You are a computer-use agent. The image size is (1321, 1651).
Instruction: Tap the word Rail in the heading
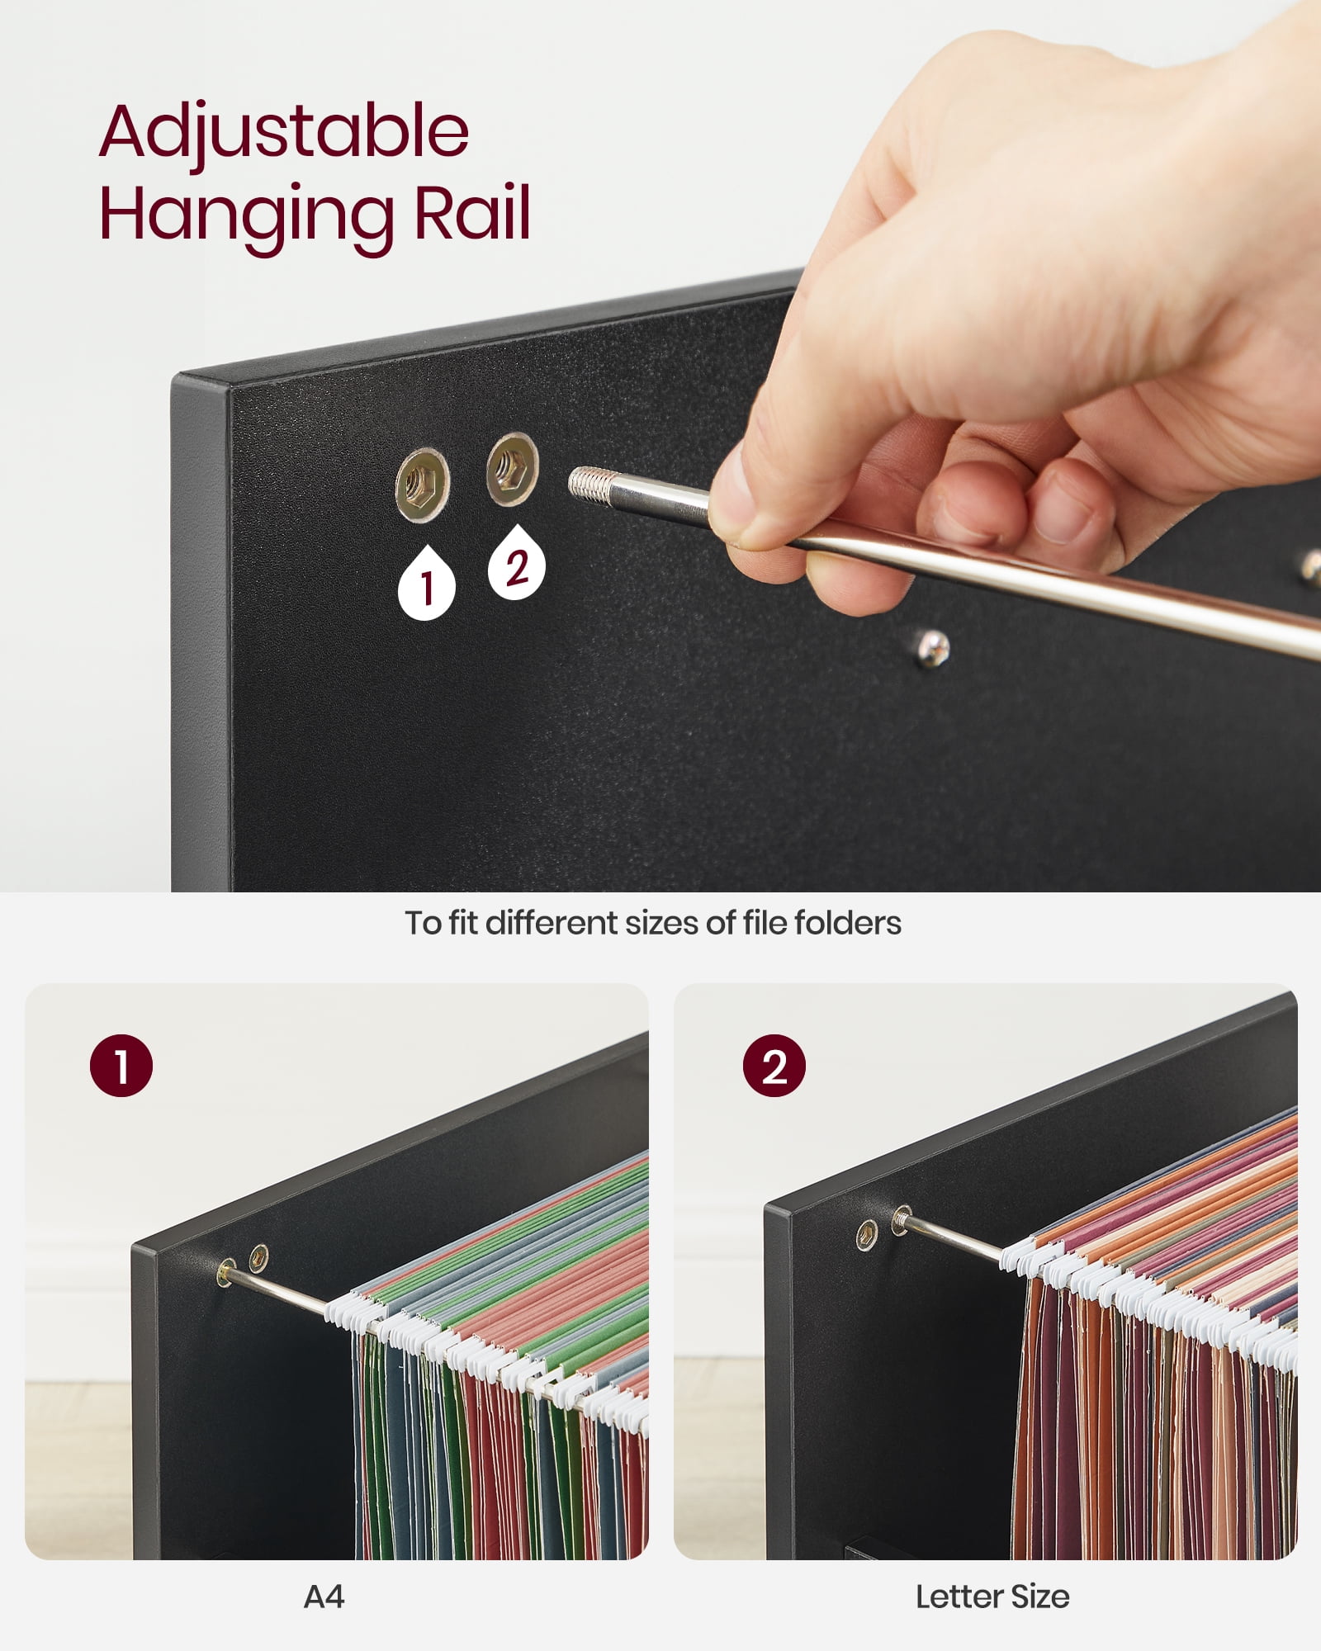coord(472,213)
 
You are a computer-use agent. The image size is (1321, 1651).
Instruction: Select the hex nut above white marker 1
coord(422,485)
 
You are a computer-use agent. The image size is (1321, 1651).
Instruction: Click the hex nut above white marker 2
coord(512,469)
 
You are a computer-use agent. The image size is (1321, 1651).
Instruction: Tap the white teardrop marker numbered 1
coord(427,584)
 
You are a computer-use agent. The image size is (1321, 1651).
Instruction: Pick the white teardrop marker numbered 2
coord(517,562)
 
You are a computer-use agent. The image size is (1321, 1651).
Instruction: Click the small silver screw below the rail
coord(933,647)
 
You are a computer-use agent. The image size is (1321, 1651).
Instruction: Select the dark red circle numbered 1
coord(121,1066)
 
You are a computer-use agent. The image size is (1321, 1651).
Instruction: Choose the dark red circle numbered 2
coord(774,1066)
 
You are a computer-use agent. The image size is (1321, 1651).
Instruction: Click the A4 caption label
coord(324,1597)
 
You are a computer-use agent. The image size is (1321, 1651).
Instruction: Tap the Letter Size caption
coord(992,1597)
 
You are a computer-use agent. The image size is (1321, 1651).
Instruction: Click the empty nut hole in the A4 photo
coord(258,1257)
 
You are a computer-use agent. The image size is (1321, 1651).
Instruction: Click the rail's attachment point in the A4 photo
coord(225,1273)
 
